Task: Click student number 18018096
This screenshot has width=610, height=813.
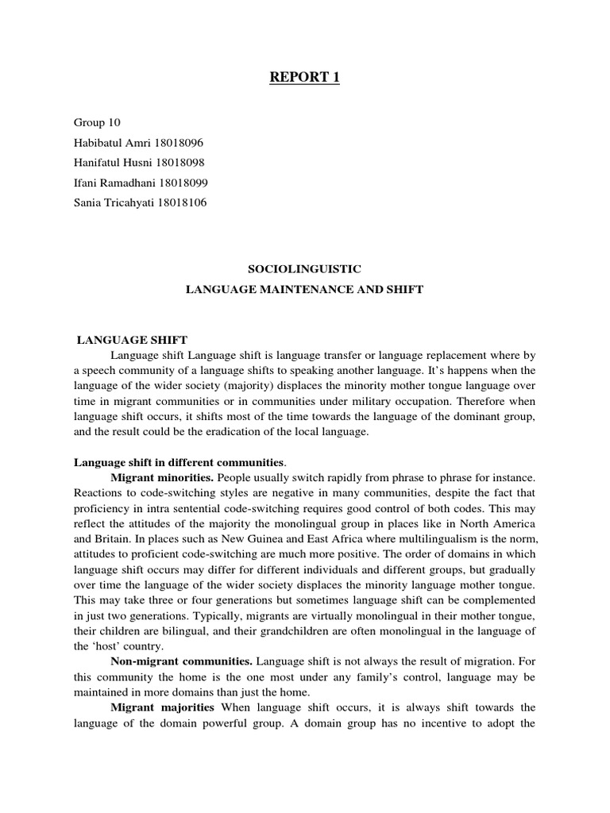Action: (x=181, y=143)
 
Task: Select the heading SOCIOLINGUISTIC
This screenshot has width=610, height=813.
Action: (x=304, y=271)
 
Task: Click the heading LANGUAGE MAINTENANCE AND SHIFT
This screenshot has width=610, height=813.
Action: (x=304, y=291)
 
